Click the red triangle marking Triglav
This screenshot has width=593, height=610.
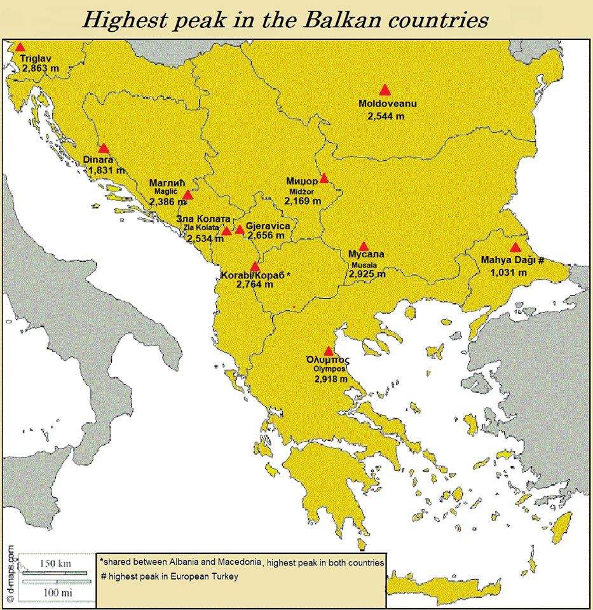pos(20,47)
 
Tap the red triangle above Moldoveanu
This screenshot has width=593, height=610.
pos(384,90)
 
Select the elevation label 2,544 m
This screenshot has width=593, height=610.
pos(385,116)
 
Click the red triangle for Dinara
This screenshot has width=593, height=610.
pos(104,149)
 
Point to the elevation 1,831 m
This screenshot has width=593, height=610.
pos(106,171)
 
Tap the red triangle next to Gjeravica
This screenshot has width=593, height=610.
pos(240,229)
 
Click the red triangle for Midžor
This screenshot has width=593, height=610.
pos(324,179)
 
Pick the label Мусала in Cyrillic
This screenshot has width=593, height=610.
pos(366,255)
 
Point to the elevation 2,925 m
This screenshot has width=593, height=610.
pos(367,274)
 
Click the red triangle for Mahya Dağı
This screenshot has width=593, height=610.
pos(515,247)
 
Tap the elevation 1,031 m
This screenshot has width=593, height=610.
pos(508,272)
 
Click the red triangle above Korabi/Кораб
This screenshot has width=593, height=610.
pos(254,266)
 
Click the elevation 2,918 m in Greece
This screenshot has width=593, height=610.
pos(330,379)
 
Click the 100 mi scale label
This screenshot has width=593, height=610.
pos(55,592)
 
